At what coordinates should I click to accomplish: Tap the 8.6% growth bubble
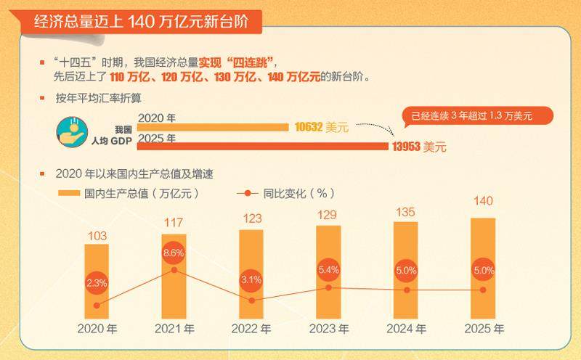pyautogui.click(x=174, y=253)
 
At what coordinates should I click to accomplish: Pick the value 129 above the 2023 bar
pyautogui.click(x=328, y=214)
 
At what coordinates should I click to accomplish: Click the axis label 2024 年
pyautogui.click(x=406, y=329)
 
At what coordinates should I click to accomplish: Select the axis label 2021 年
pyautogui.click(x=174, y=329)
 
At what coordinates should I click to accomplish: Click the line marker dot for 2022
pyautogui.click(x=251, y=300)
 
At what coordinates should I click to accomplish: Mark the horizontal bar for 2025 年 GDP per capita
pyautogui.click(x=261, y=147)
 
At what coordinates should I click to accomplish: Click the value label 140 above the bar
pyautogui.click(x=483, y=201)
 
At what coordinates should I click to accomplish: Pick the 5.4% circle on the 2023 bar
pyautogui.click(x=328, y=270)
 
